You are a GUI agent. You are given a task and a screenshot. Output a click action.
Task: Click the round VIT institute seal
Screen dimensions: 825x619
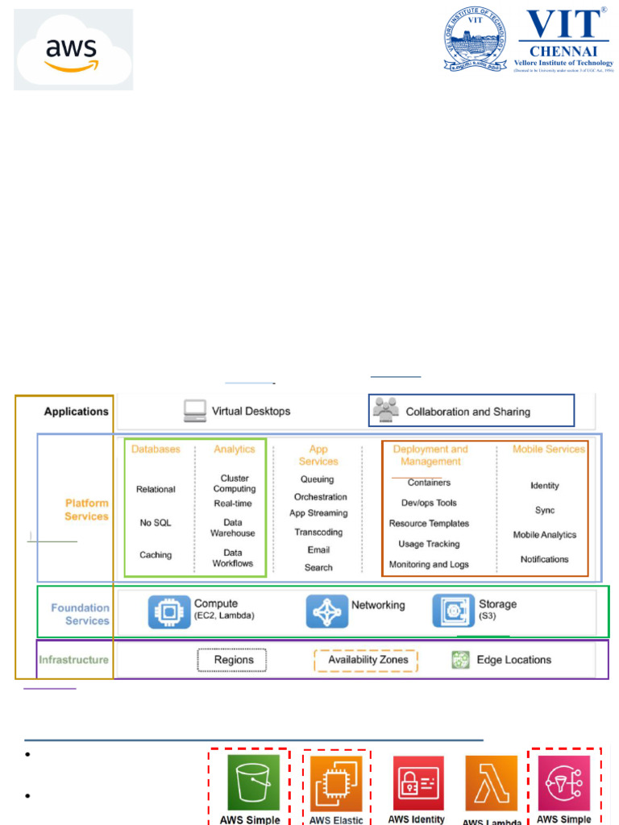click(x=475, y=39)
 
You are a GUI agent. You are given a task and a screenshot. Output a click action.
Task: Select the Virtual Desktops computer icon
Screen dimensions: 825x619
click(x=194, y=411)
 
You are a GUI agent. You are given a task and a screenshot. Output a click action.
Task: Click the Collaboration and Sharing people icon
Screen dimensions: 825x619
click(x=386, y=410)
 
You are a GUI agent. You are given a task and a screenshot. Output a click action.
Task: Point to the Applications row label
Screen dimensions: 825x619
click(x=76, y=412)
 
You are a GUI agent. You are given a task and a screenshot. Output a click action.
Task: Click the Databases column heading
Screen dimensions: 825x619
click(x=156, y=449)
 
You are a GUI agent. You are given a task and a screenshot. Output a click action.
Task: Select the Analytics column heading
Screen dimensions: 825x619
click(x=234, y=449)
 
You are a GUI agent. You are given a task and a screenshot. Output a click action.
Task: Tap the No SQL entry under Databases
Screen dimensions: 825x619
click(x=156, y=523)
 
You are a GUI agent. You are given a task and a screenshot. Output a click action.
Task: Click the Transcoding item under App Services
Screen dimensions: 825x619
click(x=318, y=532)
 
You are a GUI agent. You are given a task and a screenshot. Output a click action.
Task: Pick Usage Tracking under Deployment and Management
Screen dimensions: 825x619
click(x=429, y=544)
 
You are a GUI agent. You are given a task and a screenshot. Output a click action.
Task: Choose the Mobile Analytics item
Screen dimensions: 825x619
click(x=545, y=535)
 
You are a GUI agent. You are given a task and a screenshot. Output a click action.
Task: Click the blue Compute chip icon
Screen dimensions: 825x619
click(x=169, y=611)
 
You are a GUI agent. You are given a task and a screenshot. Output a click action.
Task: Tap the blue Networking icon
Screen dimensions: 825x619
click(x=326, y=611)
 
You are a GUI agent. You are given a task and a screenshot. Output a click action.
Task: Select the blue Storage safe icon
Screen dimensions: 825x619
click(x=453, y=611)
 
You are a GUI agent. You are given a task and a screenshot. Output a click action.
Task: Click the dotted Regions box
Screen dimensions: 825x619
click(x=232, y=660)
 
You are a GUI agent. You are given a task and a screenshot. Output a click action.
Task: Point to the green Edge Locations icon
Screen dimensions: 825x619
click(x=460, y=661)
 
